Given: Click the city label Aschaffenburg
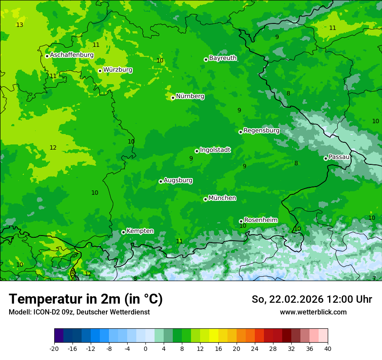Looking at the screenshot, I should [x=72, y=55].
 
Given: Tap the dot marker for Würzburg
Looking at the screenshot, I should [x=100, y=71].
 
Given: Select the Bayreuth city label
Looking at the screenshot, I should [x=223, y=58].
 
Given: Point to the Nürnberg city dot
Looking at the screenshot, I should [x=173, y=98].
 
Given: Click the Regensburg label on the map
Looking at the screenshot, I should [x=261, y=130].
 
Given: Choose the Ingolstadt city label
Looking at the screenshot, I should [x=215, y=150].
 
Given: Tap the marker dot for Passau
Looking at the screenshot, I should [x=326, y=158].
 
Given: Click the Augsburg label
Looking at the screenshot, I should [x=178, y=180].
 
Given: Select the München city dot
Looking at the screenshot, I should [x=205, y=199].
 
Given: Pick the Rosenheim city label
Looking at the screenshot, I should [x=260, y=220].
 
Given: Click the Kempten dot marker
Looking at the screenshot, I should [x=123, y=232].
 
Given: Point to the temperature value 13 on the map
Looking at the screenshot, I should [x=20, y=25].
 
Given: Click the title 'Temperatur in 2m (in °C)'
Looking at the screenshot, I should [x=86, y=299].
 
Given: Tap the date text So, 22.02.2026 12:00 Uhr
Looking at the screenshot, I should [x=312, y=299].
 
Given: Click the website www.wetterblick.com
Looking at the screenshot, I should [x=313, y=312].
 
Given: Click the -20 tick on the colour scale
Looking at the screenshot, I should [x=54, y=348].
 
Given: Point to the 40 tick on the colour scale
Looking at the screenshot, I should [x=327, y=348].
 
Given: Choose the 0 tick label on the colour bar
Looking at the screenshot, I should [x=145, y=348].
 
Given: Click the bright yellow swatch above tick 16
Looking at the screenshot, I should [x=214, y=336].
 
